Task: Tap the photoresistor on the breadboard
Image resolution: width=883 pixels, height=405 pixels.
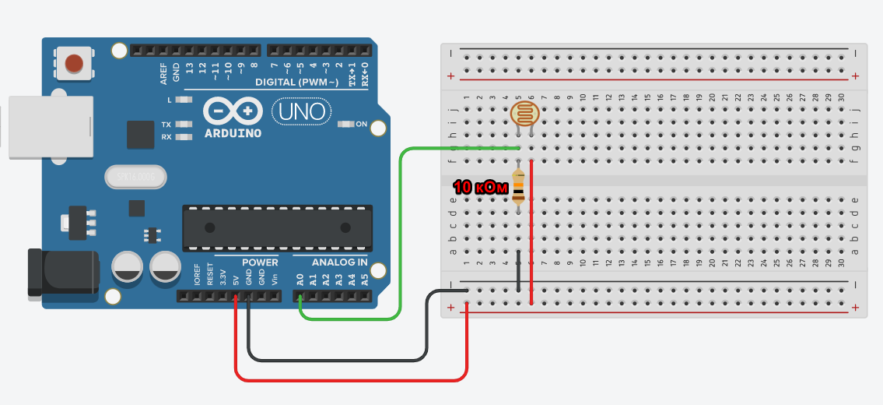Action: pyautogui.click(x=524, y=114)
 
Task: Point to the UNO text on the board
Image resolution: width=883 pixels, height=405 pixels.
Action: pyautogui.click(x=300, y=111)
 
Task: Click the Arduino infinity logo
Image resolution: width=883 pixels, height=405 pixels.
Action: pyautogui.click(x=233, y=111)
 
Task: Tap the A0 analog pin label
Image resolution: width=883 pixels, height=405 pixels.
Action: pyautogui.click(x=300, y=279)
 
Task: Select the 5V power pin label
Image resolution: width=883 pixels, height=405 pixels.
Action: pyautogui.click(x=236, y=277)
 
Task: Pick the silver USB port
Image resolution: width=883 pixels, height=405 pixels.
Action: pyautogui.click(x=48, y=127)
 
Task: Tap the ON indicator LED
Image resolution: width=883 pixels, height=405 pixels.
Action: pyautogui.click(x=346, y=124)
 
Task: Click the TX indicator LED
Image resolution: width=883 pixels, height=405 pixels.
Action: pyautogui.click(x=184, y=125)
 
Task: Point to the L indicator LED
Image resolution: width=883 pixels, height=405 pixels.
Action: pyautogui.click(x=184, y=100)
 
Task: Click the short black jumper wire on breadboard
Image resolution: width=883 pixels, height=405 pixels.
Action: pyautogui.click(x=518, y=272)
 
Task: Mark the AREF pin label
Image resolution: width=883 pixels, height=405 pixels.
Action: pyautogui.click(x=163, y=74)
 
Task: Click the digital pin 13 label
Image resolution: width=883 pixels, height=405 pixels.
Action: pyautogui.click(x=190, y=69)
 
